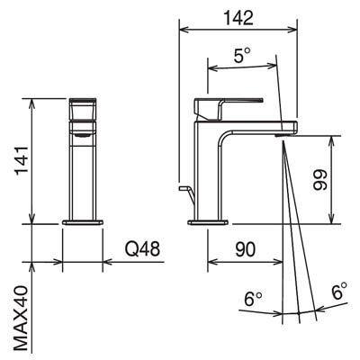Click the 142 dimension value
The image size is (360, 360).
tap(238, 18)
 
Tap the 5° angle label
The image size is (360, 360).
tap(242, 56)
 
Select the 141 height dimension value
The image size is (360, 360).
tap(22, 161)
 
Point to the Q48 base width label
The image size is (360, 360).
tap(142, 249)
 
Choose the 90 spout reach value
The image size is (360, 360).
tap(245, 249)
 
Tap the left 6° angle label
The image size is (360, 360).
tap(253, 299)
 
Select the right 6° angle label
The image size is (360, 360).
tap(339, 291)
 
